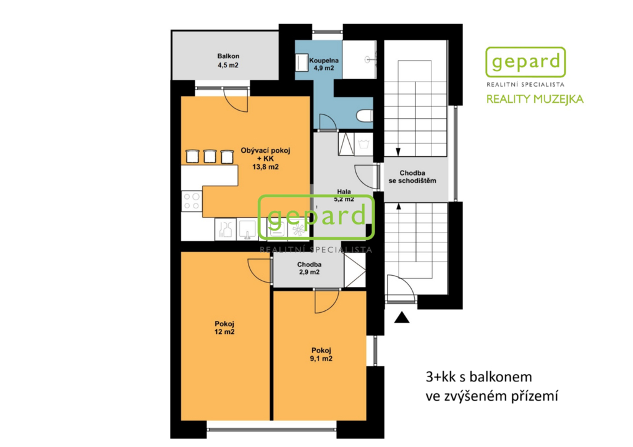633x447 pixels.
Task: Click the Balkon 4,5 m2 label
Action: tap(228, 61)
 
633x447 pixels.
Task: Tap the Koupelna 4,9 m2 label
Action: tap(324, 64)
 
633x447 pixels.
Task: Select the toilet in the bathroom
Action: tap(364, 116)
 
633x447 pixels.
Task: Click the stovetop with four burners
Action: tap(192, 201)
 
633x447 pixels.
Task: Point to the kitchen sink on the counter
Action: tap(247, 229)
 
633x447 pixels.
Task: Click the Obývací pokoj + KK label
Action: tap(265, 158)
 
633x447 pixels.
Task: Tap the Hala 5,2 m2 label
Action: tap(344, 195)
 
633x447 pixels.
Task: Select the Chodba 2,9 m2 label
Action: tap(309, 268)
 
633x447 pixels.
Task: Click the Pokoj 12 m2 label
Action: tap(224, 328)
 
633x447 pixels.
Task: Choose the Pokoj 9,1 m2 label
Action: tap(321, 354)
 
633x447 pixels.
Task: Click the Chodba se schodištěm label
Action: tap(412, 177)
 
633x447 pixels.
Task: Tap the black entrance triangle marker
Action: tap(402, 317)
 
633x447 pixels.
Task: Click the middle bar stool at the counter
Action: tap(210, 156)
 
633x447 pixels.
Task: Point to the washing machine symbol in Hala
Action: tap(363, 144)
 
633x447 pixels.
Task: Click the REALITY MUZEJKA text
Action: tap(535, 99)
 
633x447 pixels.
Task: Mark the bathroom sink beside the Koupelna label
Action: tap(302, 64)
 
